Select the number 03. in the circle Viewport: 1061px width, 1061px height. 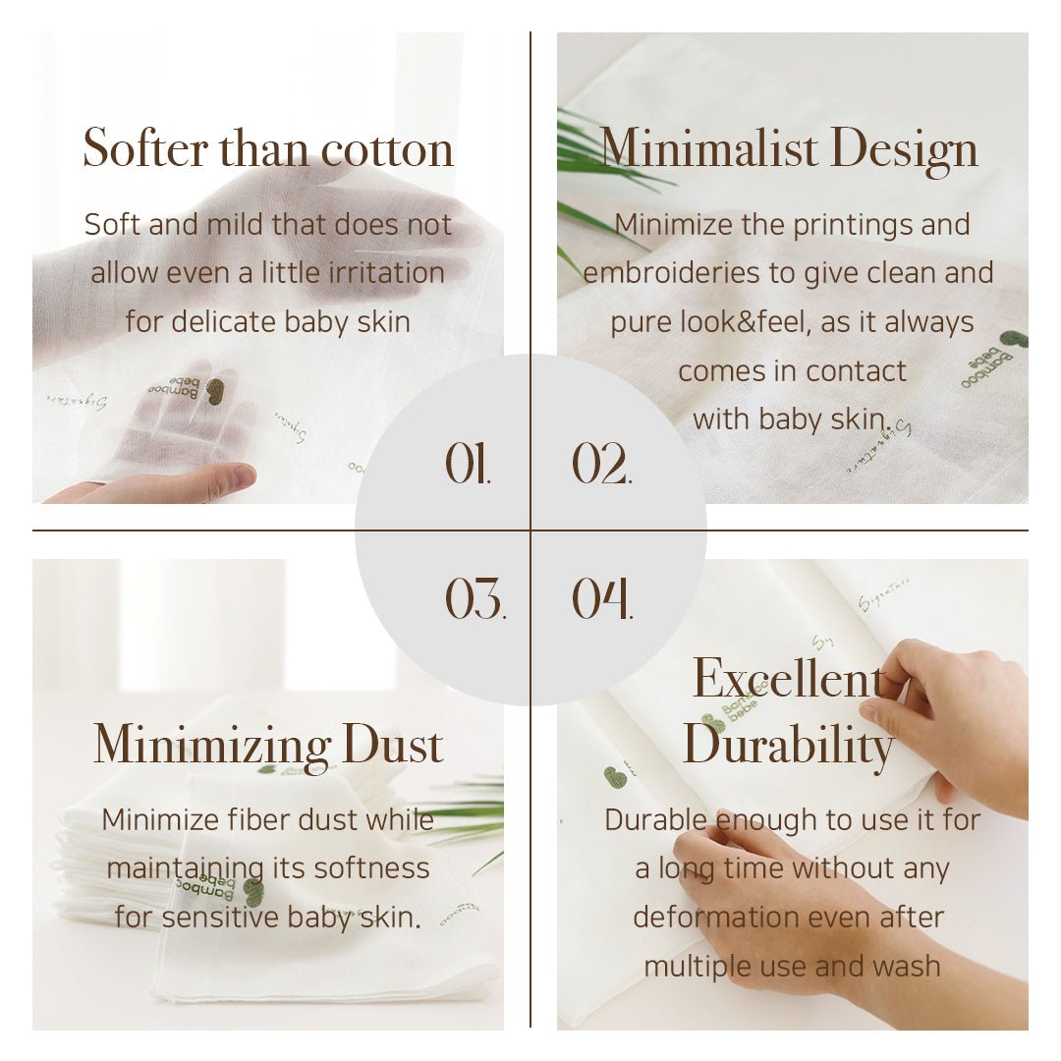[x=475, y=598]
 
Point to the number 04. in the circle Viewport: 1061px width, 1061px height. [x=602, y=598]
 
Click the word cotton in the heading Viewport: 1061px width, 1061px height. [x=388, y=149]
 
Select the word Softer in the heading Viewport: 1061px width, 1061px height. [x=145, y=149]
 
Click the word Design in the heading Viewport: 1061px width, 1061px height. [x=904, y=149]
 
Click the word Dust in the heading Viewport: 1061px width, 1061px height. [x=393, y=745]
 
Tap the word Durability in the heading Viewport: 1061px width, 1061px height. [x=789, y=745]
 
